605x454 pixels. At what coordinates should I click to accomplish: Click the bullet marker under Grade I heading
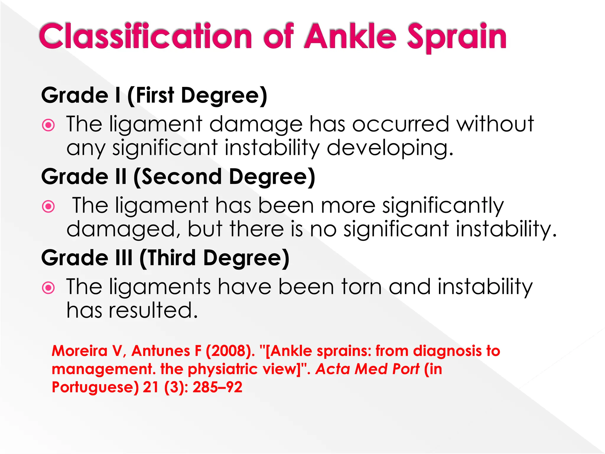click(x=48, y=125)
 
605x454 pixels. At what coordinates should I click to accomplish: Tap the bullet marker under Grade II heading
click(x=48, y=206)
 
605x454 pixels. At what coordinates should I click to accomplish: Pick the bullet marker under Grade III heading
click(x=48, y=288)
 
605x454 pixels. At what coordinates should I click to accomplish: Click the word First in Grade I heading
click(x=155, y=95)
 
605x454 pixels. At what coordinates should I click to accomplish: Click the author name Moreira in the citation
click(x=79, y=351)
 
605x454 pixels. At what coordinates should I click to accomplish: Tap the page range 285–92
click(x=217, y=387)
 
